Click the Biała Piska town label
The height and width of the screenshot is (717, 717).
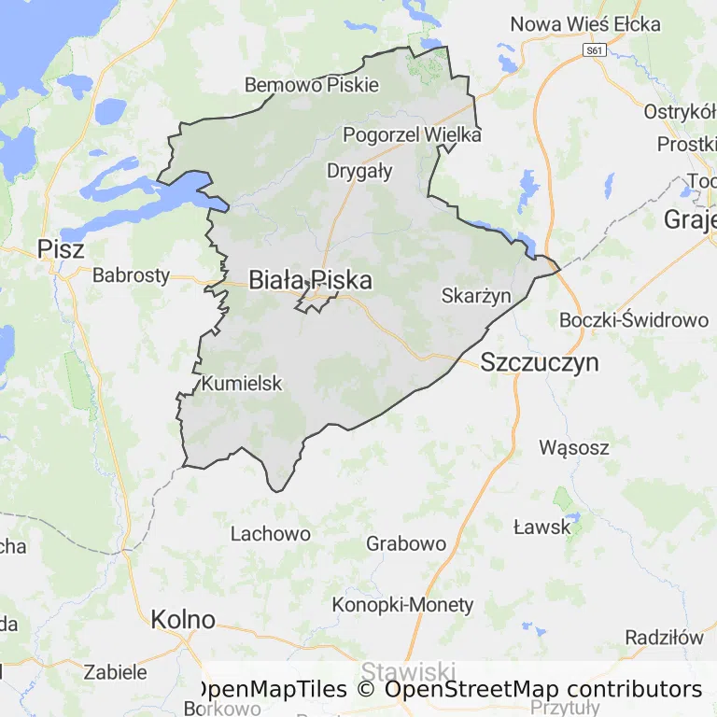point(310,280)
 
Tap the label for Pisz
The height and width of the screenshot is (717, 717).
point(61,249)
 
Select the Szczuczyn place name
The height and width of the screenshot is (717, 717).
point(540,363)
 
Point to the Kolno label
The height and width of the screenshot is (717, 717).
point(183,619)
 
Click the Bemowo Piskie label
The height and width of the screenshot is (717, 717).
point(312,85)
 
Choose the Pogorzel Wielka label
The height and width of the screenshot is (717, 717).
point(412,134)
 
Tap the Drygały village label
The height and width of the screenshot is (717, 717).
point(359,171)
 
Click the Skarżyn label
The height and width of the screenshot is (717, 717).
point(476,296)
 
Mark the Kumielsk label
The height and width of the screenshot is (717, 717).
point(242,383)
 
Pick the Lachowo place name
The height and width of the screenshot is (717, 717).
point(271,534)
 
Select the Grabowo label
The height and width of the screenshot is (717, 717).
point(406,543)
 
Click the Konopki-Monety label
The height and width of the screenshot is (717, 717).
point(403,605)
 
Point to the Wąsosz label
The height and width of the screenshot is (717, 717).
point(574,447)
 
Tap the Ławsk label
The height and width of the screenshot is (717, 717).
point(542,527)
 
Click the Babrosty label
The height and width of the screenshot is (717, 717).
point(132,275)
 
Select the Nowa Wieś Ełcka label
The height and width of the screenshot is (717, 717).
point(585,24)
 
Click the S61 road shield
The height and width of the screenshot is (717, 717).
point(594,49)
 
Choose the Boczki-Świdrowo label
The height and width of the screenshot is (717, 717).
point(634,320)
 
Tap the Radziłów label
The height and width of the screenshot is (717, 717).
point(665,637)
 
